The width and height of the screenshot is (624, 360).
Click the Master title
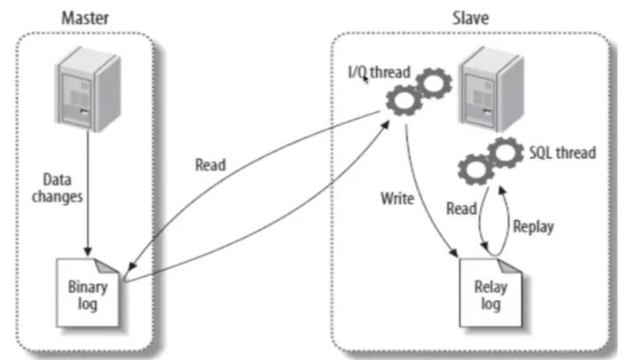[x=81, y=16]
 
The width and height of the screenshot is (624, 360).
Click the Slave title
[x=464, y=16]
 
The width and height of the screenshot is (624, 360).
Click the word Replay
[x=534, y=226]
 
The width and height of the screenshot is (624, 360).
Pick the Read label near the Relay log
[x=461, y=208]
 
